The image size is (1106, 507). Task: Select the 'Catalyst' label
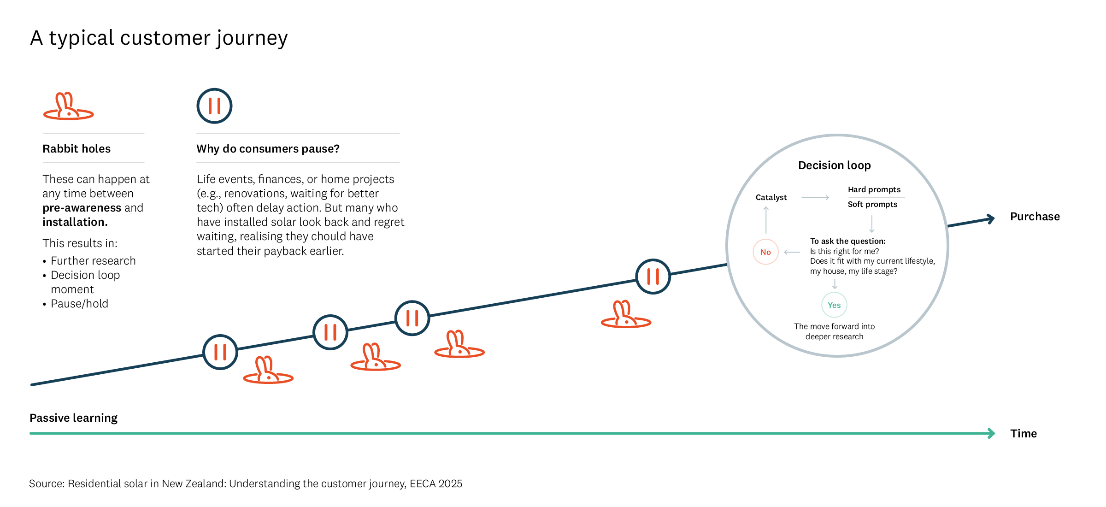coord(771,197)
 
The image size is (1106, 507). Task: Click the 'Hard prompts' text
coord(874,189)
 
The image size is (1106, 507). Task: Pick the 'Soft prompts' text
coord(872,204)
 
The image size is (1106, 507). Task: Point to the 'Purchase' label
coord(1035,217)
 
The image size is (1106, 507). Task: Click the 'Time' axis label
coord(1023,433)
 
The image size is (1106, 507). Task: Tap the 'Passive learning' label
coord(73,418)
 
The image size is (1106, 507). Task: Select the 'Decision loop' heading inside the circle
coord(834,165)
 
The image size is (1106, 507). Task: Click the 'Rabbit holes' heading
coord(76,148)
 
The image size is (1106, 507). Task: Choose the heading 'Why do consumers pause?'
coord(268,148)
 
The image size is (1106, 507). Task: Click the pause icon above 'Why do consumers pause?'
coord(214,106)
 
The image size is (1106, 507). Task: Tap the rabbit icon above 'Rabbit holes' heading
coord(68,106)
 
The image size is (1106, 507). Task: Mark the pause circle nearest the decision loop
coord(653,276)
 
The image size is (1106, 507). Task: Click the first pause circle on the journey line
coord(220,352)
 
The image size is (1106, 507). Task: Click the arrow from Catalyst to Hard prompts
coord(815,197)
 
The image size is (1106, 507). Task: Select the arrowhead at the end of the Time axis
coord(991,433)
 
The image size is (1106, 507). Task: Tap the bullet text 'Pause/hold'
coord(79,303)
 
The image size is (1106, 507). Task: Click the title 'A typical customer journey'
coord(159,38)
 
